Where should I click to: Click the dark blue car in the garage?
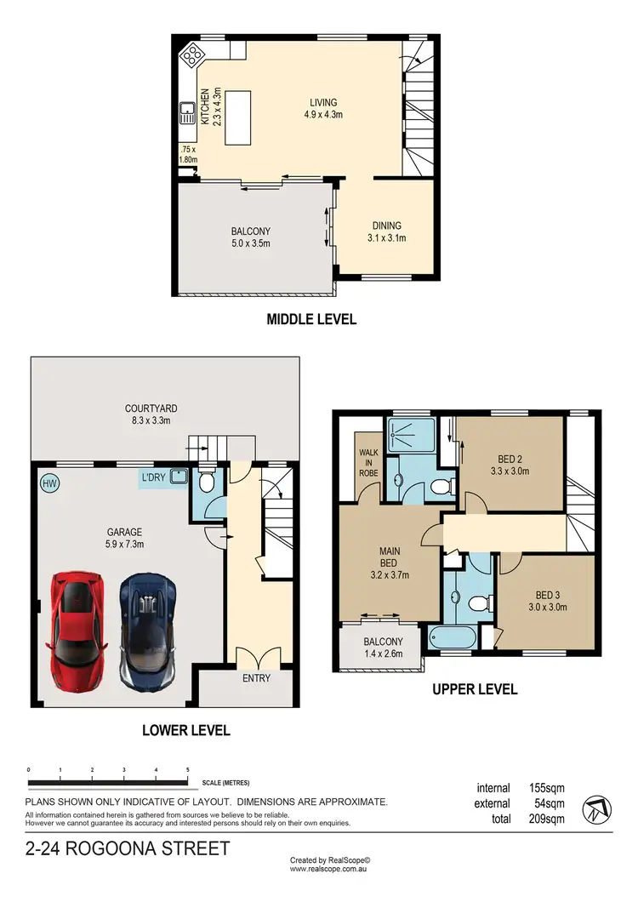tap(148, 629)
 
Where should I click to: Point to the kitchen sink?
tap(187, 112)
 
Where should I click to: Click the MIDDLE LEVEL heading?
tap(311, 320)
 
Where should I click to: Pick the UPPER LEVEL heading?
tap(475, 689)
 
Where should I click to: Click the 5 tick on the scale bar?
tap(187, 770)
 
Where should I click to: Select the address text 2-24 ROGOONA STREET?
tap(128, 848)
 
